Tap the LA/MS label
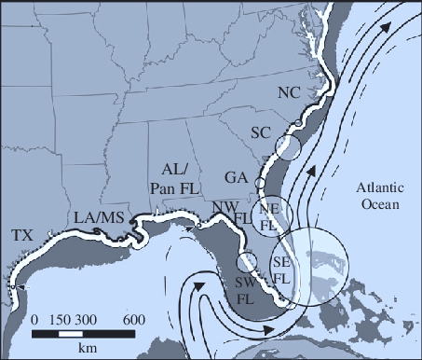[100, 217]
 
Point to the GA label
[237, 177]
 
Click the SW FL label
[245, 290]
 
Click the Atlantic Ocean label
[376, 196]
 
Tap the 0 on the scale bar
[34, 319]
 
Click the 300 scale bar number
[87, 319]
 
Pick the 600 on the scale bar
[133, 319]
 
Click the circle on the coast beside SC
[289, 145]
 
